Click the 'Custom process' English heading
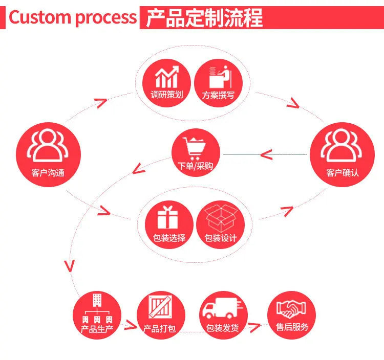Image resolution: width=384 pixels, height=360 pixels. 72,17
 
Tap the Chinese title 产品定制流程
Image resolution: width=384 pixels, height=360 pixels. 204,17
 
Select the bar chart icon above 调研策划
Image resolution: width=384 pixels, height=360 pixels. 167,77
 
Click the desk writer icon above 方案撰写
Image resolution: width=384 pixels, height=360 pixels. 219,76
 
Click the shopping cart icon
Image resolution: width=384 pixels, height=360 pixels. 196,146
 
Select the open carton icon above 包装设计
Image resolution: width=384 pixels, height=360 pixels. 222,217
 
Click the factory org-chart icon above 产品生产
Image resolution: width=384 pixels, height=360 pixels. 96,308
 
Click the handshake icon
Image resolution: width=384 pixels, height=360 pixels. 292,308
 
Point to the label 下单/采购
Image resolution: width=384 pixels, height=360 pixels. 195,166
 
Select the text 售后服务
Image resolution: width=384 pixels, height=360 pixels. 292,327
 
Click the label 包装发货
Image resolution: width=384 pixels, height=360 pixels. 222,328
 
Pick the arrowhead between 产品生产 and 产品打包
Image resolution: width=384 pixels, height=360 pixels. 132,325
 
